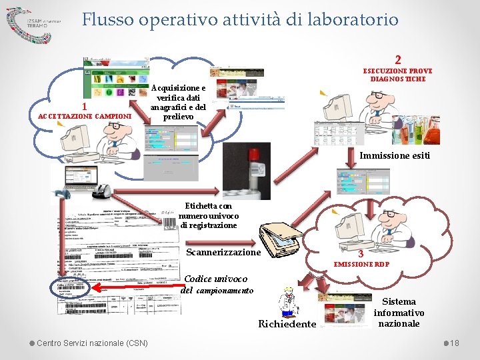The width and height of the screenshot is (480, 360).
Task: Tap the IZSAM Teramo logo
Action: (x=33, y=22)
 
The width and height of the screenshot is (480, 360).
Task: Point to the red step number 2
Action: (x=397, y=59)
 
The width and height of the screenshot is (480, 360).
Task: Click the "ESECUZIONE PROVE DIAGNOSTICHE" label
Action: (x=397, y=75)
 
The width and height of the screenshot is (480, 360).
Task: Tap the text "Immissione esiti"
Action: (x=395, y=156)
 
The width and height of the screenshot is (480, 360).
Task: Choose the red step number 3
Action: (x=360, y=253)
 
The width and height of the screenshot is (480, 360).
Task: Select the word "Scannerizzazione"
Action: (x=223, y=252)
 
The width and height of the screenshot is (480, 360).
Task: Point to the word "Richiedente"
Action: (x=287, y=324)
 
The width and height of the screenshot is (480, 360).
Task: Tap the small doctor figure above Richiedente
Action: (x=289, y=301)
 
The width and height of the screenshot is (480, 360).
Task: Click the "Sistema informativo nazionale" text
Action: (x=399, y=312)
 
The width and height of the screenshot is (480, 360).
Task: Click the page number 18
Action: (x=455, y=343)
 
